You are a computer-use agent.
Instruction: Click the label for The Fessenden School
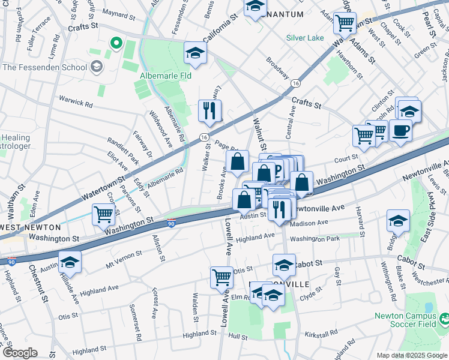coord(44,67)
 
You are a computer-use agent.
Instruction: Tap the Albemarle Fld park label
coord(165,76)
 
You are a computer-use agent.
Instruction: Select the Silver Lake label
coord(305,38)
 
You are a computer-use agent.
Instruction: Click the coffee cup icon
coord(400,130)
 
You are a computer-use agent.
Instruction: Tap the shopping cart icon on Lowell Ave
coord(221,277)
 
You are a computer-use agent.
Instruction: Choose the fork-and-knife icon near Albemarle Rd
coord(210,110)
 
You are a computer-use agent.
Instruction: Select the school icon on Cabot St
coord(284,264)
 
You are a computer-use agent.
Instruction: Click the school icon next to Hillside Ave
coord(70,262)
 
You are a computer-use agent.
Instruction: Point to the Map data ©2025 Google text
coord(412,355)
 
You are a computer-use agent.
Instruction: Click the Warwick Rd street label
coord(76,101)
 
